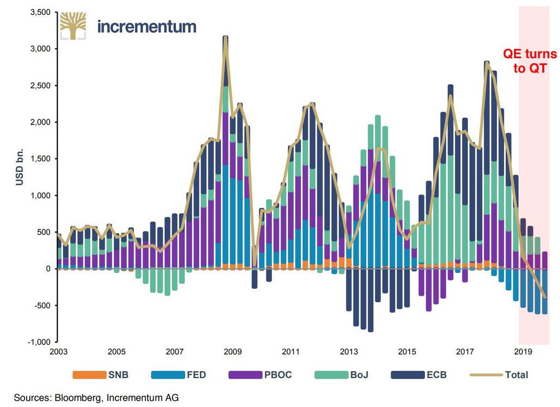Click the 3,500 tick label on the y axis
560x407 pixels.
[40, 12]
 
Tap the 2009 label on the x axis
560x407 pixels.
[233, 351]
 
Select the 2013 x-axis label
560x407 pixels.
[349, 351]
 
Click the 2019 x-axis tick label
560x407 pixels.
[523, 351]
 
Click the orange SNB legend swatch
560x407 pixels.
[88, 375]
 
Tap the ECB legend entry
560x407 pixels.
[421, 375]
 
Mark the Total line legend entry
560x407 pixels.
[501, 375]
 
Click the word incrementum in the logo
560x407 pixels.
[147, 26]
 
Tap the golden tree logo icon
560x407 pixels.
[72, 26]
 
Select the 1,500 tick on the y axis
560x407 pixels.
[40, 159]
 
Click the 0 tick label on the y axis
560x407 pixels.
[47, 269]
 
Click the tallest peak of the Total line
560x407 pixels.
[225, 38]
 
